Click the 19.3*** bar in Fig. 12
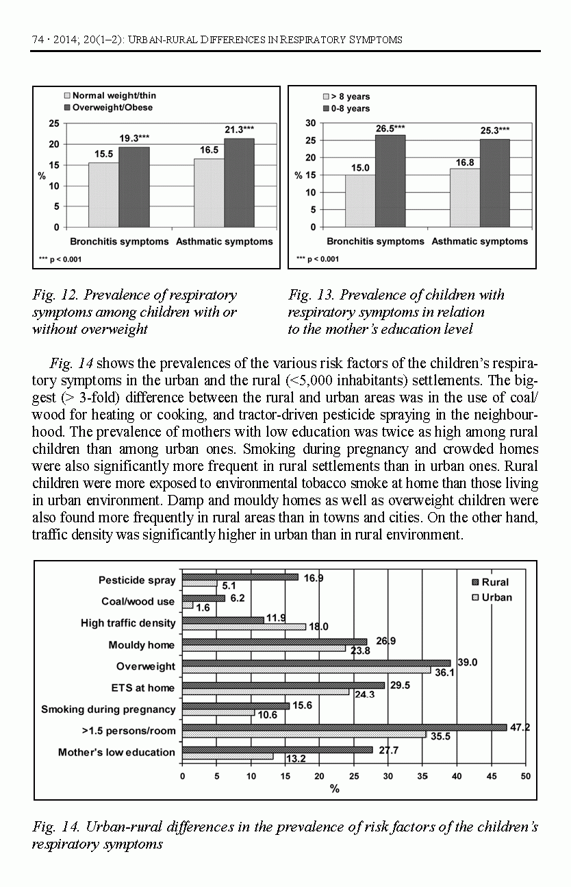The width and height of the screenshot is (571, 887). (134, 186)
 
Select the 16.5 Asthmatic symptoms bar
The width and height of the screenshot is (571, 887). (209, 193)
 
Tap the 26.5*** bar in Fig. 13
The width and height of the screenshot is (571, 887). (390, 180)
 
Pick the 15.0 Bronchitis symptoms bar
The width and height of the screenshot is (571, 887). (359, 200)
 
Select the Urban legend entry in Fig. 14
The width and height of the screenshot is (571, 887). (491, 597)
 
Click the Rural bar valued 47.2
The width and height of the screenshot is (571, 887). (344, 727)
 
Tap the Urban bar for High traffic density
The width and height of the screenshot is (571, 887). (244, 627)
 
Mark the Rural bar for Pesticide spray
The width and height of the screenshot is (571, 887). (240, 577)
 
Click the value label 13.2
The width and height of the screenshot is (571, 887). (295, 759)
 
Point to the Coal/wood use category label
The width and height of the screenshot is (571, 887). (138, 601)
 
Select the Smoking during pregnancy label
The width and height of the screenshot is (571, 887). (108, 709)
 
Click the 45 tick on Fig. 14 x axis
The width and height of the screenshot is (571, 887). (492, 777)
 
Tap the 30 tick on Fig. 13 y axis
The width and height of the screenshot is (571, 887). (310, 123)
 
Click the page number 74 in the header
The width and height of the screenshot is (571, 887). (38, 40)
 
